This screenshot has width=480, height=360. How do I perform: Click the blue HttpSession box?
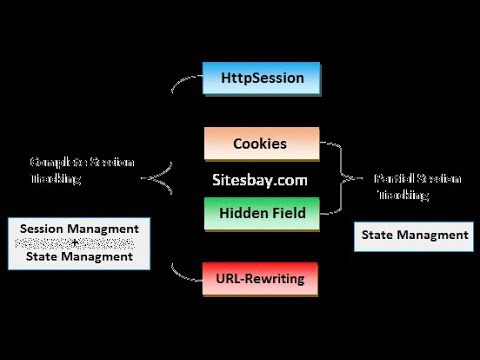(261, 77)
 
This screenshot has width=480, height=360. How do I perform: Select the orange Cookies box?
(260, 143)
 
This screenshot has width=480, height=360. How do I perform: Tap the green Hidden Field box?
(260, 212)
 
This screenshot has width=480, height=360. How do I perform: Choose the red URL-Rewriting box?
(260, 278)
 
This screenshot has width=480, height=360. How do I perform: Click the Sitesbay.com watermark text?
(260, 180)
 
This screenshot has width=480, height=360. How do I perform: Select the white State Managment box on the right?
(414, 235)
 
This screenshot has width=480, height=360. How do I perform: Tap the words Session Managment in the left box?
(80, 229)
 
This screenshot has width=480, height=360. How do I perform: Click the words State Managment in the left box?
(80, 257)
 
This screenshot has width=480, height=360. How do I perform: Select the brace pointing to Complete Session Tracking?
(160, 177)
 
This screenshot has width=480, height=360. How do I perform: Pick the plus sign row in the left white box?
(80, 243)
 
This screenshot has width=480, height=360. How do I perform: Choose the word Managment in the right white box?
(433, 235)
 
